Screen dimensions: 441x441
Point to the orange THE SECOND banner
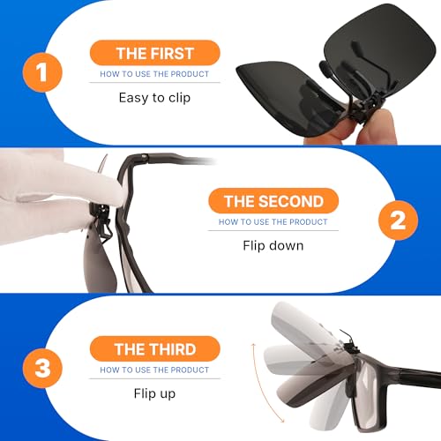coord(273,201)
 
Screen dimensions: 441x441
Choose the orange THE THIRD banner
coord(155,348)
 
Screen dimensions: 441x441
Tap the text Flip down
coord(273,245)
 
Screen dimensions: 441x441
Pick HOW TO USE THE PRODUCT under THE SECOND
coord(273,222)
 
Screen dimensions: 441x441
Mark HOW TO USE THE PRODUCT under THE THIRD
coord(155,370)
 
